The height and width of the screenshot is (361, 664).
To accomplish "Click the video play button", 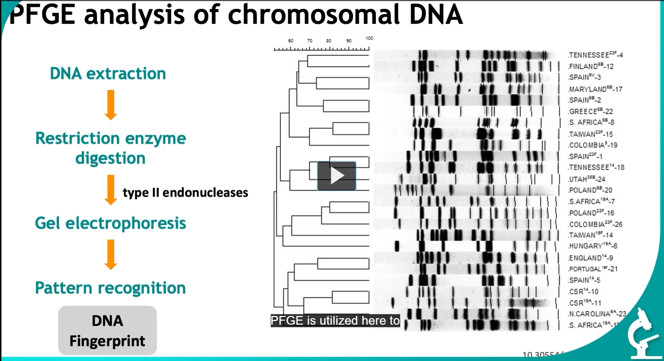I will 337,176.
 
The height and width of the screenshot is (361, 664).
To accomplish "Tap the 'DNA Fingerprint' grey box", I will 107,330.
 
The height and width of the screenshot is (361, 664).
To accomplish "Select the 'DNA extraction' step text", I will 108,73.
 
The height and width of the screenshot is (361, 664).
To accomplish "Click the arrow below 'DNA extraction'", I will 111,105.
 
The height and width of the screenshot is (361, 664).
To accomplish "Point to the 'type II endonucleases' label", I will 185,192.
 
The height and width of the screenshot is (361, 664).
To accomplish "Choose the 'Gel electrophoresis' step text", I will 110,223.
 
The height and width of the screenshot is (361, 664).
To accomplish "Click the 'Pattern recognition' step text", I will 110,288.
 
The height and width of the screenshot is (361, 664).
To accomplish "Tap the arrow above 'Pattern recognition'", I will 111,254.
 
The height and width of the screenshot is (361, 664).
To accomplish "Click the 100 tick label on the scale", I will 369,38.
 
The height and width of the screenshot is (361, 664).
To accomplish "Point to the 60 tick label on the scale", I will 291,41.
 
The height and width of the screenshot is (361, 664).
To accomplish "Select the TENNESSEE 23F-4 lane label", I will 595,55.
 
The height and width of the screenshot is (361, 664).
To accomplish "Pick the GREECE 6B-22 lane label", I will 591,111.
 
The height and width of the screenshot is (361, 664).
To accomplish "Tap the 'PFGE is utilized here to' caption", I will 335,320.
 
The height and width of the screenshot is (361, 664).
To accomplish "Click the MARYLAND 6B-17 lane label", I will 595,89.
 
